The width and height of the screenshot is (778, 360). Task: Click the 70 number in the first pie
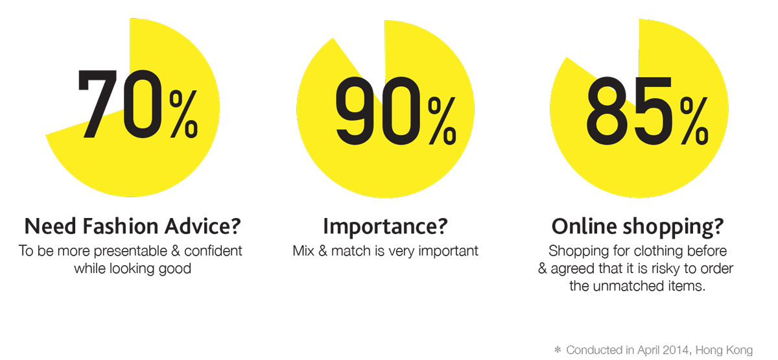click(120, 104)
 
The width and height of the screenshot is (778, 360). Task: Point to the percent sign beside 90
click(442, 120)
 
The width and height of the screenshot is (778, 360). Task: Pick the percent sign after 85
click(694, 120)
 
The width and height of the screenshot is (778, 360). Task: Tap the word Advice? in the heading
click(202, 226)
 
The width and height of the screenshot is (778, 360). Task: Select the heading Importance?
click(385, 227)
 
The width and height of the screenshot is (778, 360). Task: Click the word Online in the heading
click(584, 226)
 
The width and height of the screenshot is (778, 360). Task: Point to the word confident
click(213, 250)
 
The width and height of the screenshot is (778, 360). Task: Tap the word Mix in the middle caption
click(303, 250)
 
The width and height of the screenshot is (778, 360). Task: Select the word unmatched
click(630, 286)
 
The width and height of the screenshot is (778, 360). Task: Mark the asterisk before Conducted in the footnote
click(558, 349)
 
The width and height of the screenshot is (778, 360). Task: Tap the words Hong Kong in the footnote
click(724, 350)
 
